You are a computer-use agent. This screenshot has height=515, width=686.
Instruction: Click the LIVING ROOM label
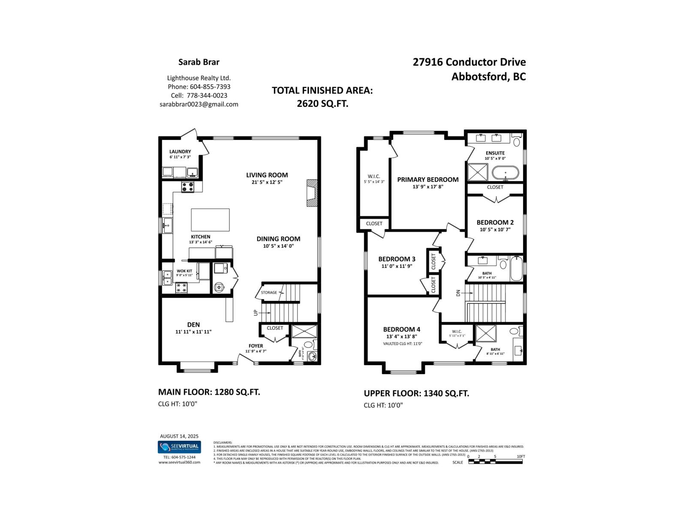(x=267, y=175)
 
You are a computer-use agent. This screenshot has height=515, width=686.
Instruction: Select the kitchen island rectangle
(x=210, y=220)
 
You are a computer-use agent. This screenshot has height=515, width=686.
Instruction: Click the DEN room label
(x=193, y=325)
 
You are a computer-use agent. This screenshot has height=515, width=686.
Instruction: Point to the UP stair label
(x=256, y=312)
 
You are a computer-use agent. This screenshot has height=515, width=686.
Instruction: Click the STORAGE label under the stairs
(x=269, y=293)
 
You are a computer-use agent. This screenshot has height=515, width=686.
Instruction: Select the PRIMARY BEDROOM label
(x=427, y=179)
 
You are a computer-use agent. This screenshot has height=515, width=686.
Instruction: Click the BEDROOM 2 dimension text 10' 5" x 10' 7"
(x=495, y=230)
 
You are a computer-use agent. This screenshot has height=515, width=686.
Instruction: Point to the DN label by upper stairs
(x=458, y=293)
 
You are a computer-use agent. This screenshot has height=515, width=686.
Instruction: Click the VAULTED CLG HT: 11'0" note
(x=403, y=344)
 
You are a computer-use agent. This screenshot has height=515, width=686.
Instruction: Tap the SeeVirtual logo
(x=179, y=447)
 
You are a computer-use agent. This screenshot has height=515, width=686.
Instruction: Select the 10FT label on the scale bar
(x=521, y=456)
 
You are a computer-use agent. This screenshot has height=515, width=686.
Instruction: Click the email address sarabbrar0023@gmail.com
(x=199, y=104)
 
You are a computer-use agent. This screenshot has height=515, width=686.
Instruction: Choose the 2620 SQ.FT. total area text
(x=322, y=103)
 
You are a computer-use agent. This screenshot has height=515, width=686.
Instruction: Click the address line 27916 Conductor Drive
(x=469, y=62)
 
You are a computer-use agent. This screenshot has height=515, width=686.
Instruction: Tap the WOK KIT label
(x=184, y=271)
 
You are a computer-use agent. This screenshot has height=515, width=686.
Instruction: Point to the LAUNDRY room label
(x=180, y=151)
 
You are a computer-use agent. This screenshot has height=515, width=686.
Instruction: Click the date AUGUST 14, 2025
(x=179, y=436)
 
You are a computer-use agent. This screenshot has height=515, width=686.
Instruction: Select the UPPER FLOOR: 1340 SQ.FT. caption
(x=416, y=393)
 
